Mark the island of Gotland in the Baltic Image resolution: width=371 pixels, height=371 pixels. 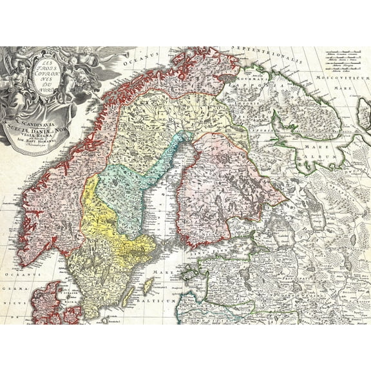tap(149, 285)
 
